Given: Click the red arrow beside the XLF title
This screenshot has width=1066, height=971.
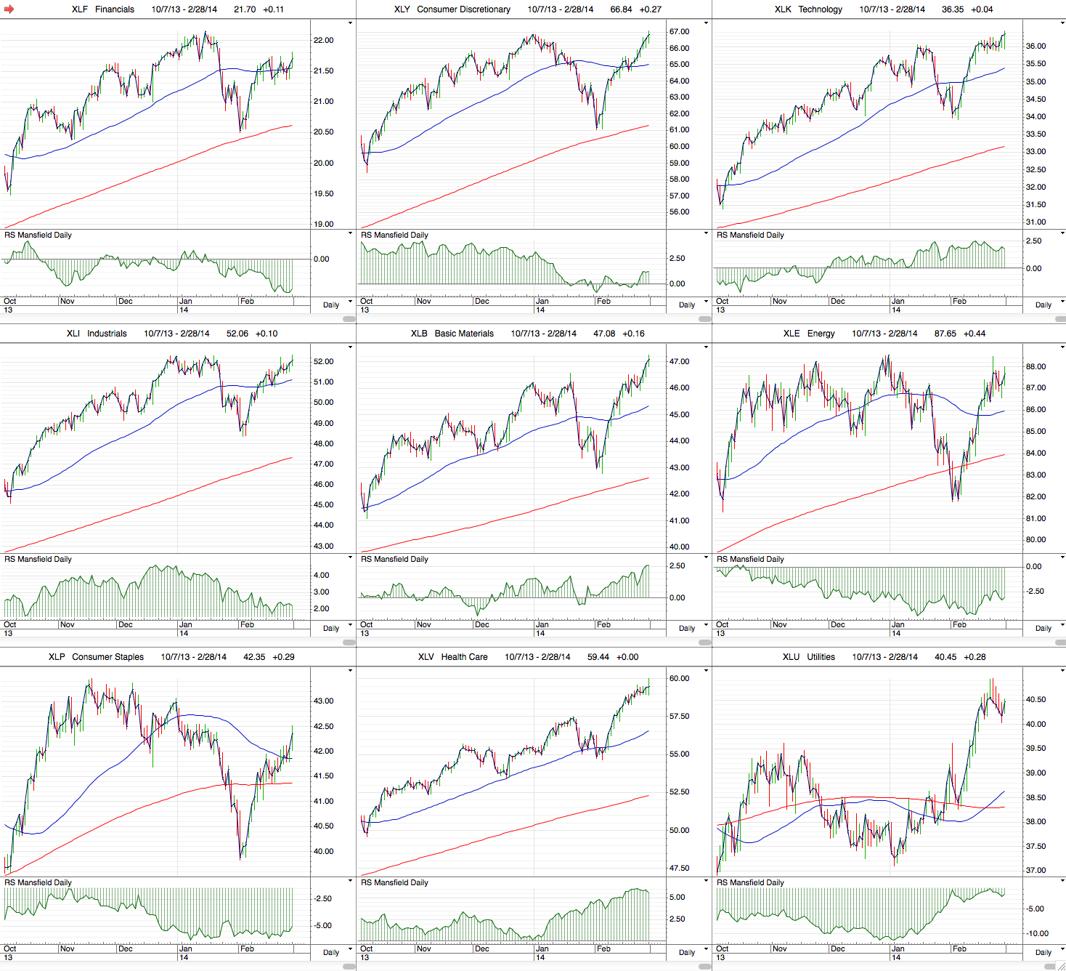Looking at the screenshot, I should point(9,9).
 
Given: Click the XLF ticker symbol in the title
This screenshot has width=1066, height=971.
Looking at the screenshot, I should point(80,9).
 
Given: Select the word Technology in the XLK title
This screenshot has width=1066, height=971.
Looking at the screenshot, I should point(820,9).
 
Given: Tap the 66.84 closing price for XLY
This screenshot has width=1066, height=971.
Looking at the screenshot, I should point(621,9).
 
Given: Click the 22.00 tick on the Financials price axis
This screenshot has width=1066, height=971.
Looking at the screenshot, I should point(324,40).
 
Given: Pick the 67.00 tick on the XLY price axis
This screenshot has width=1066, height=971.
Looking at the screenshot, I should point(679,32).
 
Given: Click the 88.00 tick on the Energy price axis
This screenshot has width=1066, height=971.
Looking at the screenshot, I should point(1036,366).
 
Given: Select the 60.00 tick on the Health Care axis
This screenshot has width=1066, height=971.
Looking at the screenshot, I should point(679,678).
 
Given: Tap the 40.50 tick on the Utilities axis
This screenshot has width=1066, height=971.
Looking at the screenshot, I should point(1036,699).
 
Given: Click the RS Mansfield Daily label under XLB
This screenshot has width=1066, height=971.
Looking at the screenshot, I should point(394,559).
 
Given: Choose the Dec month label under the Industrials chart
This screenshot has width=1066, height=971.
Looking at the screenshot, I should point(126,624).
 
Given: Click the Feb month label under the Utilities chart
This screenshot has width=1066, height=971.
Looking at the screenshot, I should point(959,948).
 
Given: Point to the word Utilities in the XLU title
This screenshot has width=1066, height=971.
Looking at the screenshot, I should point(821,657).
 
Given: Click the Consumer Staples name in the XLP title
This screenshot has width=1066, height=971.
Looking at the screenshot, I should point(107,657).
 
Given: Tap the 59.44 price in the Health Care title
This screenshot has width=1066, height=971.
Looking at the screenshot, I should point(598,657).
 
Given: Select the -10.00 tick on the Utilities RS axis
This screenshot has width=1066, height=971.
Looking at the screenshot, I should point(1035,933).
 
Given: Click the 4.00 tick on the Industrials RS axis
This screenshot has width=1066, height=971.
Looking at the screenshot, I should point(321,575).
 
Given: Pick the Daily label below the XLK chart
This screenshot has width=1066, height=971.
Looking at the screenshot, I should point(1043,305).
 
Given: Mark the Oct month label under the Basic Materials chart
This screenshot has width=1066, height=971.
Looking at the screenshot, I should point(367,624).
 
